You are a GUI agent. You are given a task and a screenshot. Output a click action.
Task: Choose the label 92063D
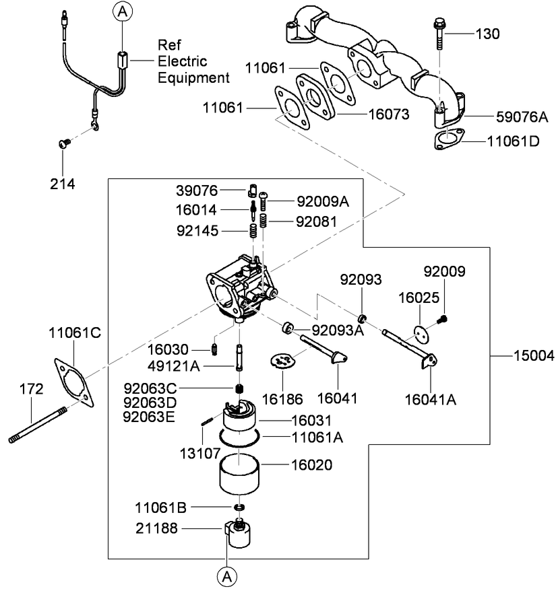pos(150,403)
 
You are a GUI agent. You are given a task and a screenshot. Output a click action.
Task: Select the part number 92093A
pos(336,330)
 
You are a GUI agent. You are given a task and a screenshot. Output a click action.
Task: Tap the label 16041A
pos(431,399)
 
